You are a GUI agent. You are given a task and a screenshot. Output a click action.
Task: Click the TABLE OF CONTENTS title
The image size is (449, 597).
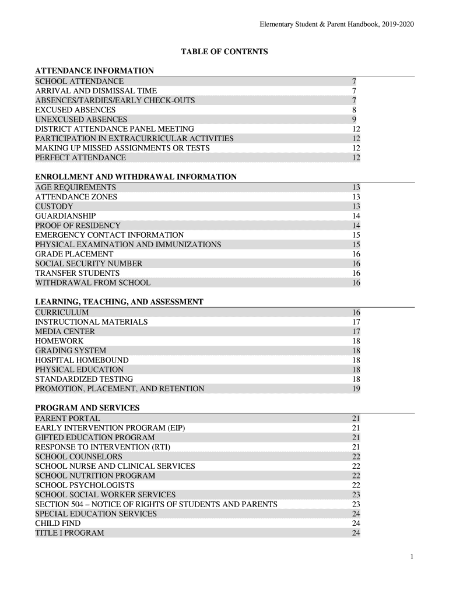pyautogui.click(x=224, y=52)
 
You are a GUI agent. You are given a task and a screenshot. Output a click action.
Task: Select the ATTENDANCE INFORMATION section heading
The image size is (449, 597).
pyautogui.click(x=94, y=71)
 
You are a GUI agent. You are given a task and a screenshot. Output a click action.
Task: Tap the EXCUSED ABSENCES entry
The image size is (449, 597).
pyautogui.click(x=75, y=110)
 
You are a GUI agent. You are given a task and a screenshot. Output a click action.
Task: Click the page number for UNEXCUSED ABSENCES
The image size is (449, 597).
pyautogui.click(x=355, y=120)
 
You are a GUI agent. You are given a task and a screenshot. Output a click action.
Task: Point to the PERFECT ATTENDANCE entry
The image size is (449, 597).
pyautogui.click(x=80, y=157)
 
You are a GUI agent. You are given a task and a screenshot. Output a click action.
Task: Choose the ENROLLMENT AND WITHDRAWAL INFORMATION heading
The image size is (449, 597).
pyautogui.click(x=136, y=177)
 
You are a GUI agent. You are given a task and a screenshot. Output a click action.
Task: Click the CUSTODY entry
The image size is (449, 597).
pyautogui.click(x=54, y=206)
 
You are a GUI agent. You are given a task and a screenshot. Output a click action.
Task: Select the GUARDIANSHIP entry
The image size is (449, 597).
pyautogui.click(x=65, y=216)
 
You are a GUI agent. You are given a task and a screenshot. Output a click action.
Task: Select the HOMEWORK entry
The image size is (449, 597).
pyautogui.click(x=59, y=340)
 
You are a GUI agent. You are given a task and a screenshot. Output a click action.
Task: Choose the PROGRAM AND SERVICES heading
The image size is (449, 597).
pyautogui.click(x=87, y=408)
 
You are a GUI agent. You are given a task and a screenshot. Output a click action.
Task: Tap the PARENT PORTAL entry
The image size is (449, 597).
pyautogui.click(x=68, y=418)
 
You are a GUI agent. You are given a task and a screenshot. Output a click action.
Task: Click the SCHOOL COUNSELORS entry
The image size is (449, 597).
pyautogui.click(x=79, y=456)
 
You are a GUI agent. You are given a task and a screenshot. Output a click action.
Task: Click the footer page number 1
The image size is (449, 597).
pyautogui.click(x=412, y=557)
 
